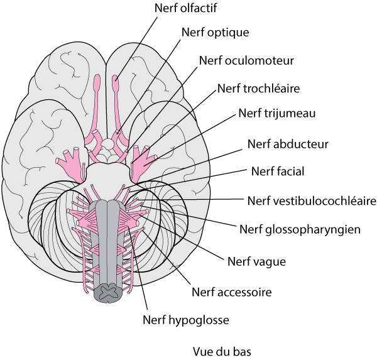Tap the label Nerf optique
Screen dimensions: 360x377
tap(215, 32)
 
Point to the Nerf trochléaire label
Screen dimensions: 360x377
tap(258, 87)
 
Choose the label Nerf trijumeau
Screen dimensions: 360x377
tap(277, 114)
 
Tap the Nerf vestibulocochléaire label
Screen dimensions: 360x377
tap(312, 201)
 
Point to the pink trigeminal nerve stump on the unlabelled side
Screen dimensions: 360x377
tap(69, 161)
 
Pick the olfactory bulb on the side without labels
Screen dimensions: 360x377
tap(97, 82)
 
